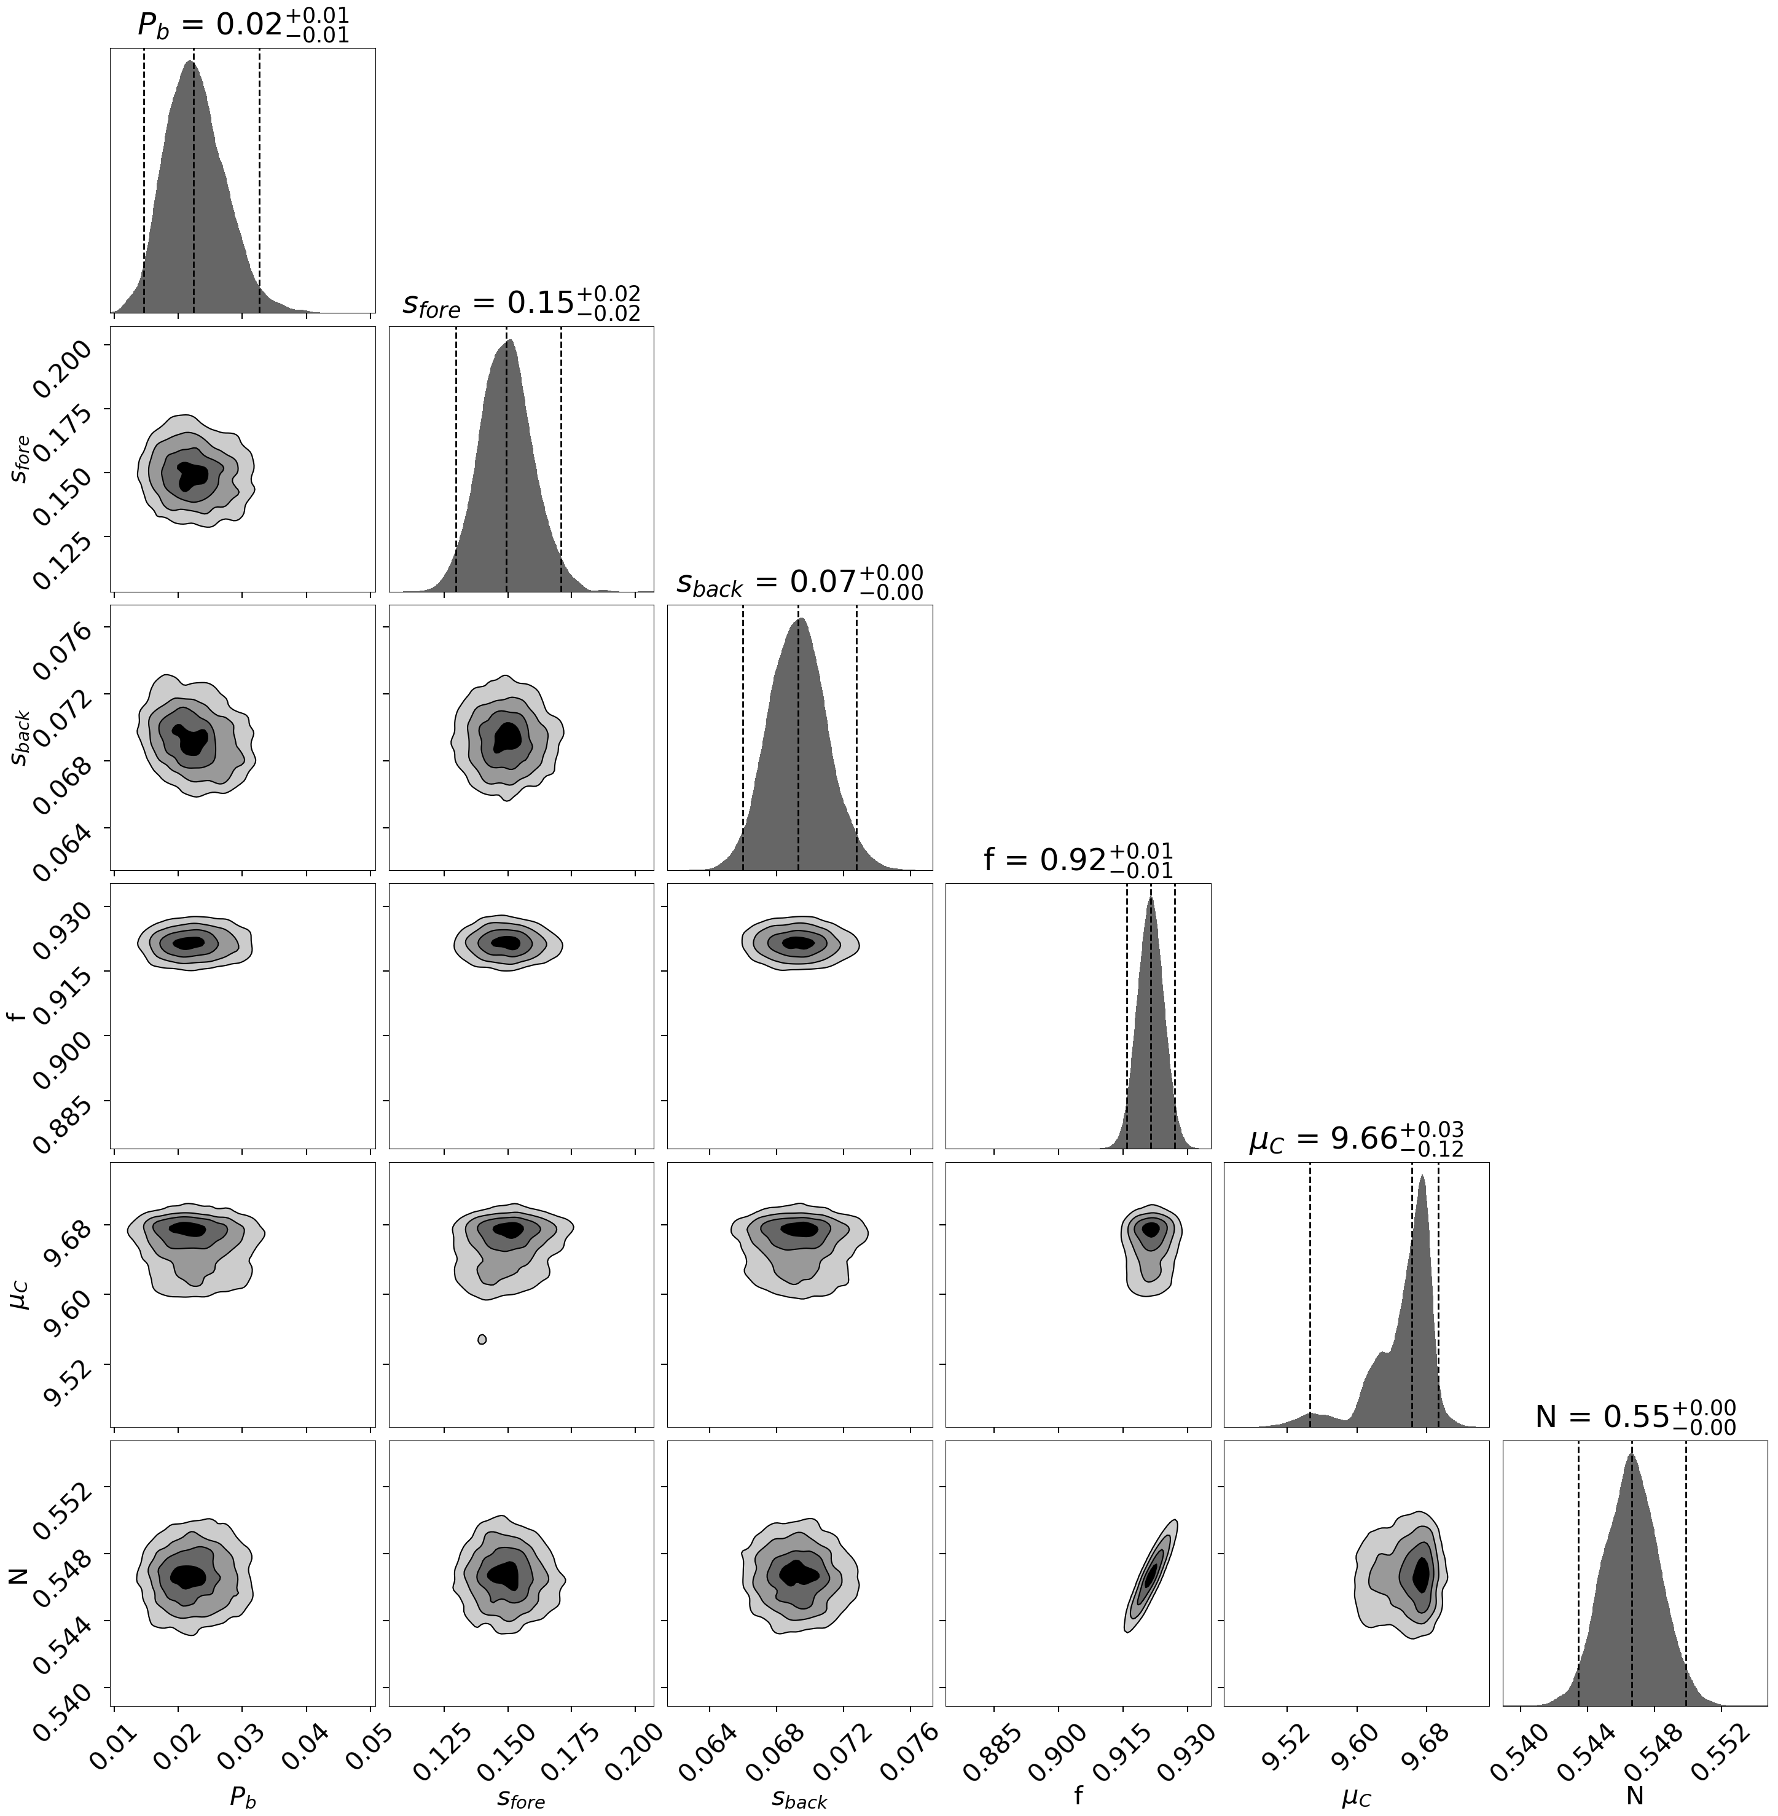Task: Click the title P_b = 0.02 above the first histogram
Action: [243, 25]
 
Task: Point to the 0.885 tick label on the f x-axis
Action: [984, 1737]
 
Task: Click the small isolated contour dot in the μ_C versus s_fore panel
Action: [482, 1340]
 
